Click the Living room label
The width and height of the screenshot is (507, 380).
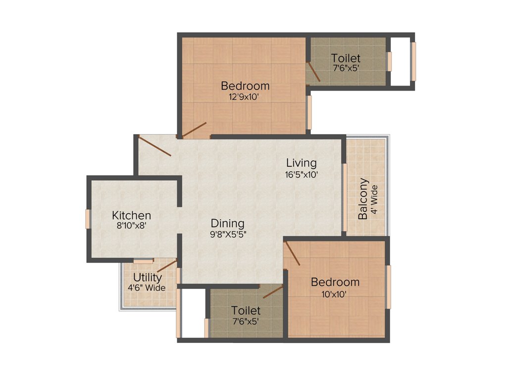[302, 163]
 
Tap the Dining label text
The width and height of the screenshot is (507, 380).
[227, 223]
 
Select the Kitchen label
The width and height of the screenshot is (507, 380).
[131, 216]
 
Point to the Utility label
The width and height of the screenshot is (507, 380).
[147, 278]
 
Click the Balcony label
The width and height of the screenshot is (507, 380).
[364, 198]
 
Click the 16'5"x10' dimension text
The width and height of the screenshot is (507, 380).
[302, 174]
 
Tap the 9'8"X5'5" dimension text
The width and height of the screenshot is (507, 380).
[227, 235]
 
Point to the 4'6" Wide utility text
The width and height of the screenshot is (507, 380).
[147, 288]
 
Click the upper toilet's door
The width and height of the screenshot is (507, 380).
[313, 72]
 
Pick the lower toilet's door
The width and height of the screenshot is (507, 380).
[273, 292]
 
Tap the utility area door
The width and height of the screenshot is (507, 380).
[167, 266]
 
